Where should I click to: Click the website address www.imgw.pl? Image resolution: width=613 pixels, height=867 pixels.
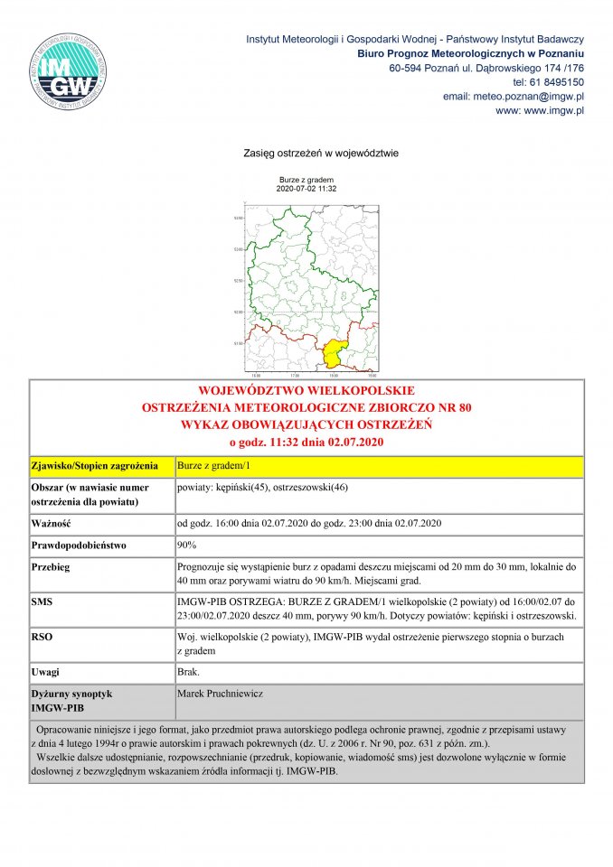tap(553, 110)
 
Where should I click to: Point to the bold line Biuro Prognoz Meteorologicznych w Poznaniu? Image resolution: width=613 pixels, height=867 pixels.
tap(470, 54)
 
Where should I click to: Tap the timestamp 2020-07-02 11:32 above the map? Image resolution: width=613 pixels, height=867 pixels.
tap(306, 189)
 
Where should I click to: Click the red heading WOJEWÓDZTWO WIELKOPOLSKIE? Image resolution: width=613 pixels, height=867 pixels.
tap(306, 392)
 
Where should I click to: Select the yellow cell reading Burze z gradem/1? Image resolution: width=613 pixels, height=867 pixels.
tap(207, 467)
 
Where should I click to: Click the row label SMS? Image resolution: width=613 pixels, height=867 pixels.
tap(42, 600)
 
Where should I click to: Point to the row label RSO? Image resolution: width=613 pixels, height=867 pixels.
tap(42, 637)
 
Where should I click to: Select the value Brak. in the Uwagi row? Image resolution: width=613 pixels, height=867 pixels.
tap(189, 673)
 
